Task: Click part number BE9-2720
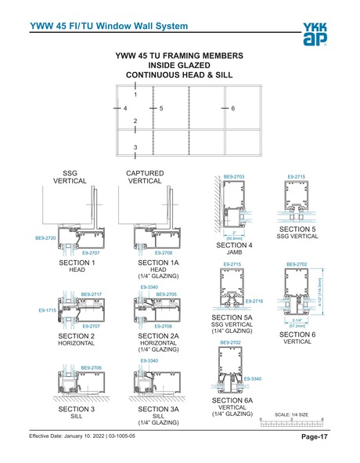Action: [x=46, y=237]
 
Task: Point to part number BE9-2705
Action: [x=166, y=295]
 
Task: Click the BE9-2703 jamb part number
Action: [x=234, y=177]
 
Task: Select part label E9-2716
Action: [x=256, y=301]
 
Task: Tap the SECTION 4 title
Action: [x=234, y=245]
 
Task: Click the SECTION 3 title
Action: [x=77, y=408]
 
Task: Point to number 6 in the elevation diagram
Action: [x=233, y=107]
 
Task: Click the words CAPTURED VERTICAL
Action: [x=145, y=176]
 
